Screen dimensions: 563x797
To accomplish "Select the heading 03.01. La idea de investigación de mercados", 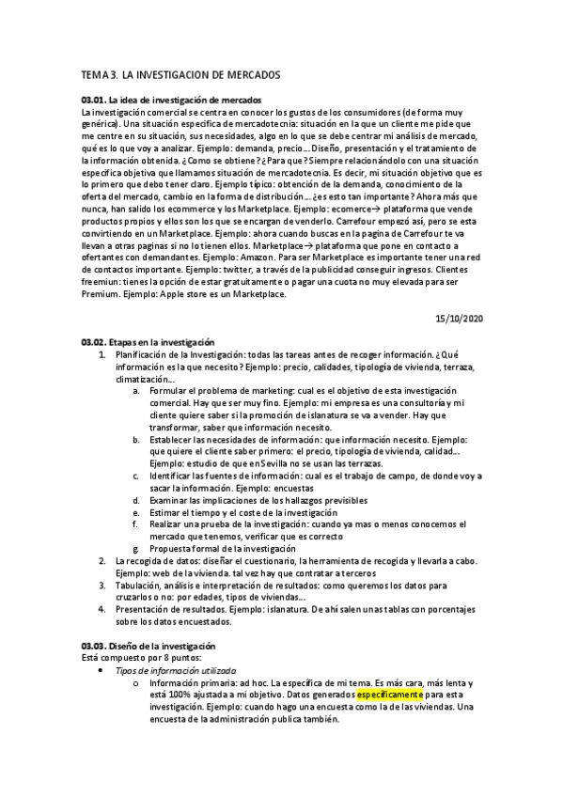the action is [171, 100].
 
